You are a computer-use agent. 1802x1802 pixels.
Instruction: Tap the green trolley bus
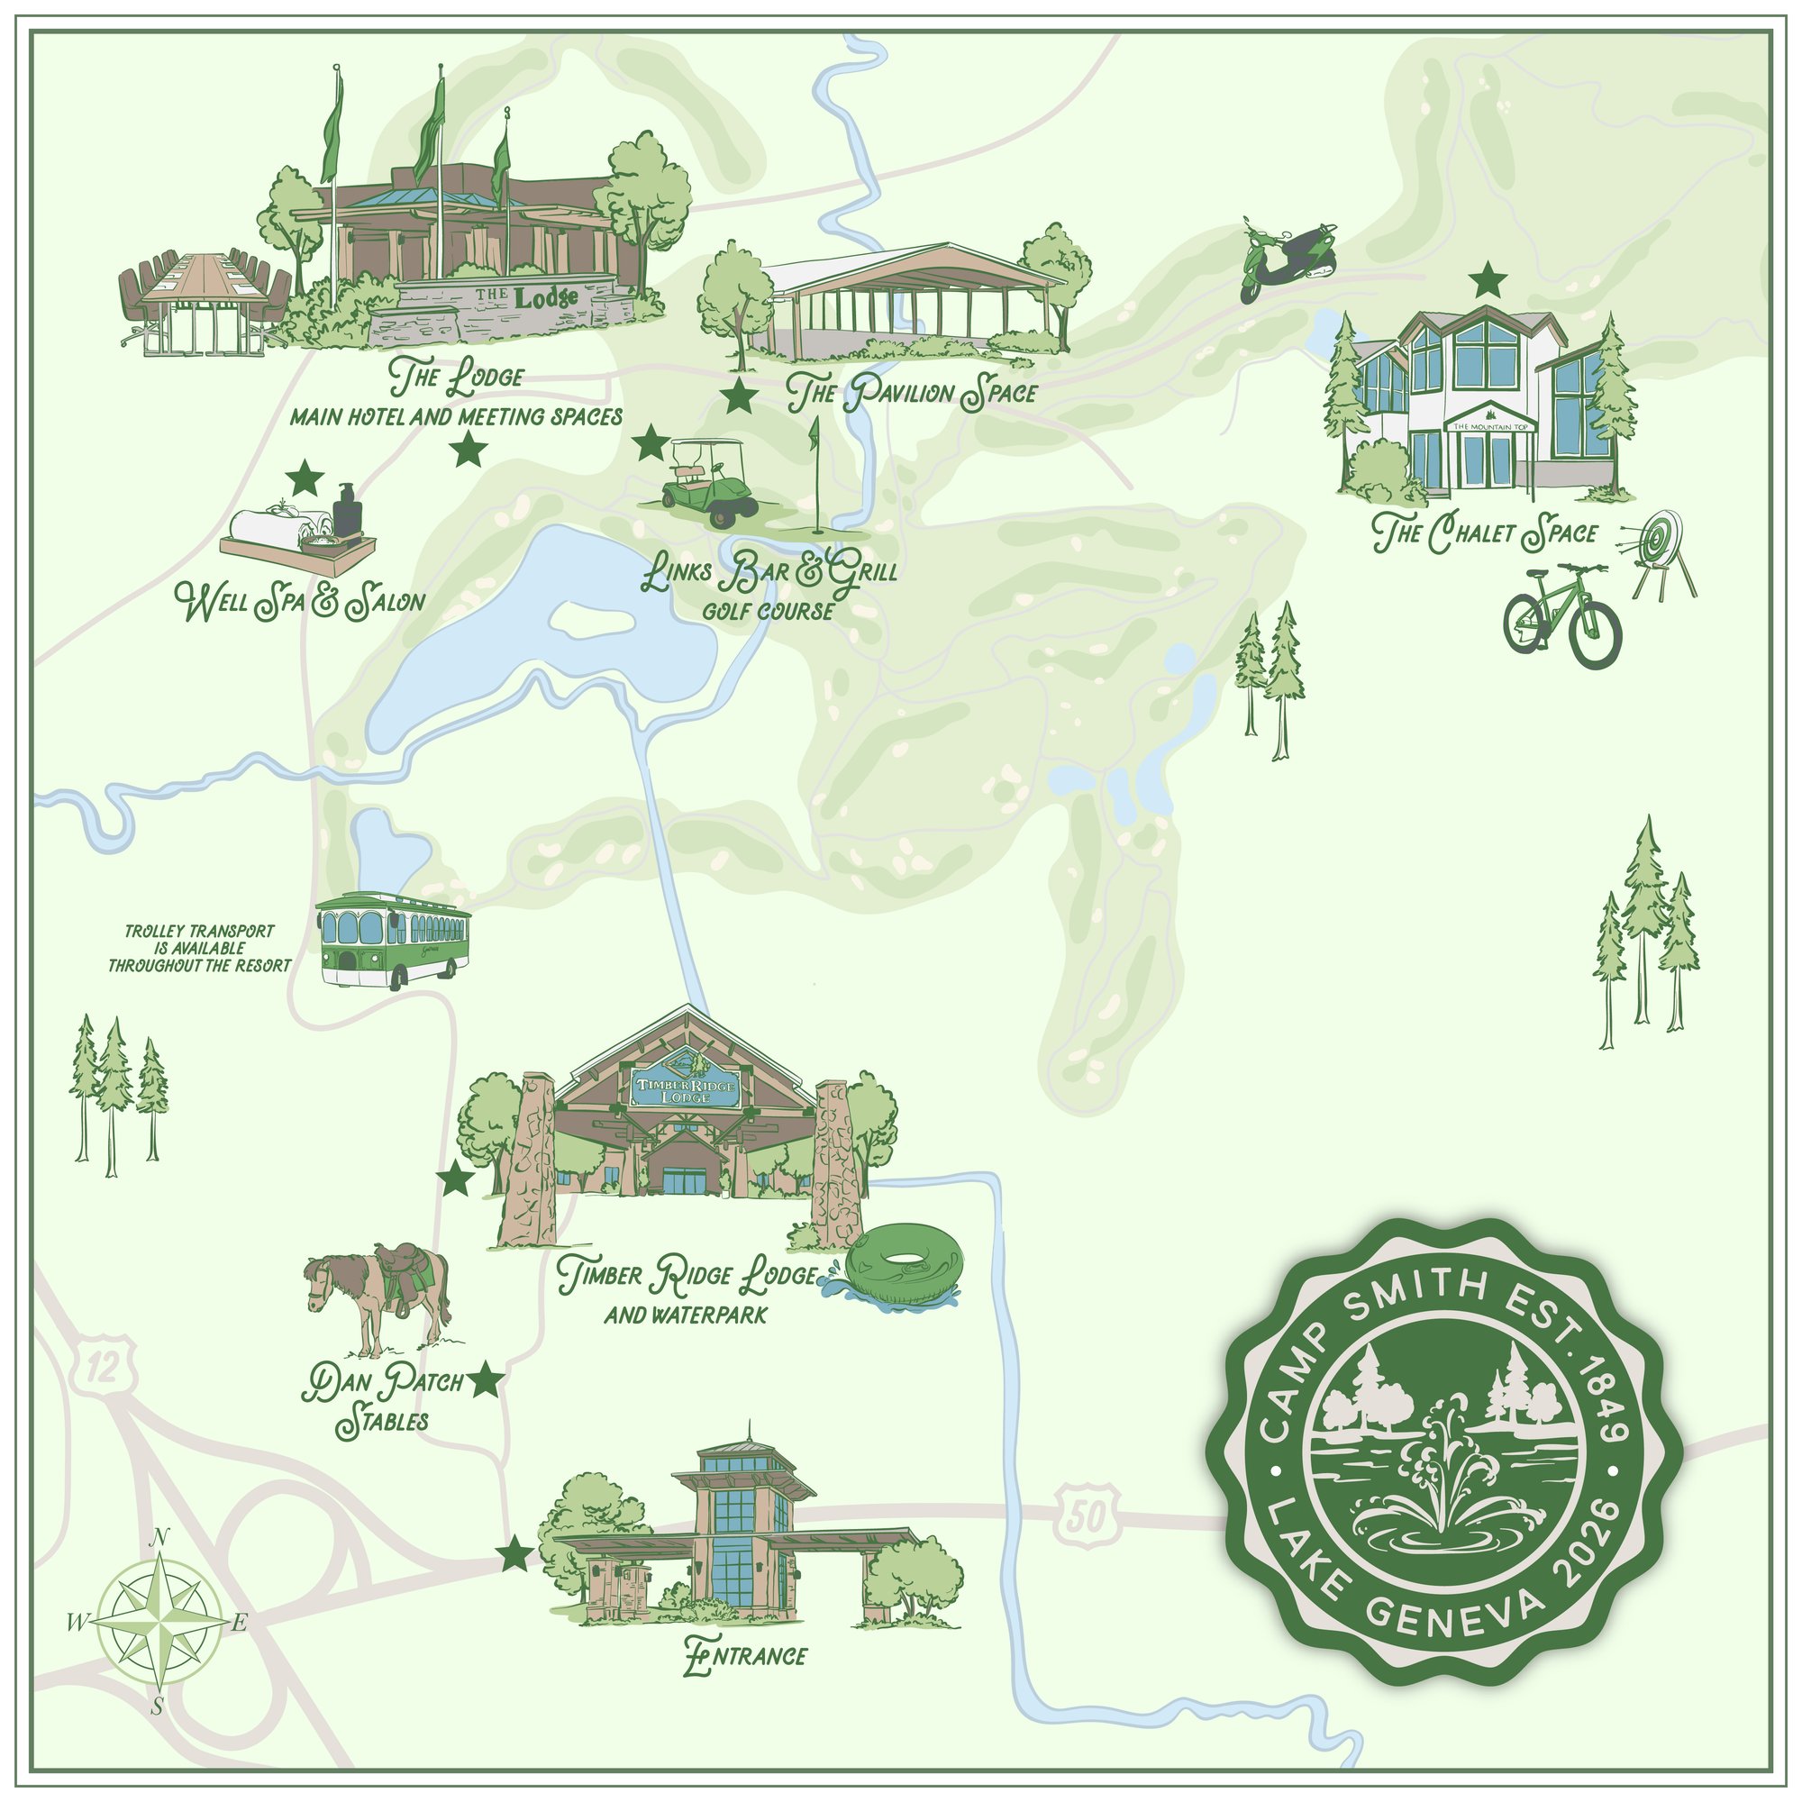click(x=392, y=939)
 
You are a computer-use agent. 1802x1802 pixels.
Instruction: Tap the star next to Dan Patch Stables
click(x=484, y=1380)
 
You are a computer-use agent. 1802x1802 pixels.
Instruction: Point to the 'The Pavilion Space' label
click(x=911, y=393)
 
